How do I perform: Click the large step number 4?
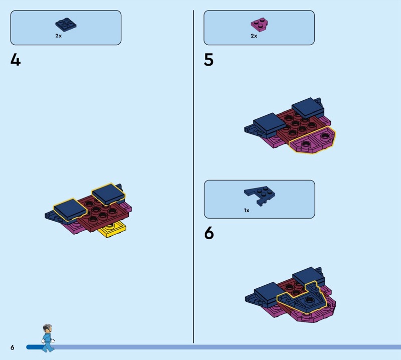(x=16, y=60)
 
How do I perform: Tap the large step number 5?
(x=209, y=60)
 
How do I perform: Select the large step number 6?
(x=209, y=233)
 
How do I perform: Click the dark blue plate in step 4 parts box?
(x=66, y=25)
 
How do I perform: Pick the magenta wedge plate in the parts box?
(x=259, y=25)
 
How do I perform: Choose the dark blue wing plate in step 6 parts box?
(x=260, y=196)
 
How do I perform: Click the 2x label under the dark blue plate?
(x=58, y=36)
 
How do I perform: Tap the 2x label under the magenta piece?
(x=254, y=36)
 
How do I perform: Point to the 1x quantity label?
(x=247, y=210)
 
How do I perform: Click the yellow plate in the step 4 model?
(x=112, y=229)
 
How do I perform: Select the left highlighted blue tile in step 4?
(x=70, y=210)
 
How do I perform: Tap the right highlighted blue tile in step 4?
(x=108, y=194)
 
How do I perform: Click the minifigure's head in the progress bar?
(x=48, y=328)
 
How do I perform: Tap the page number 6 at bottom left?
(x=12, y=347)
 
